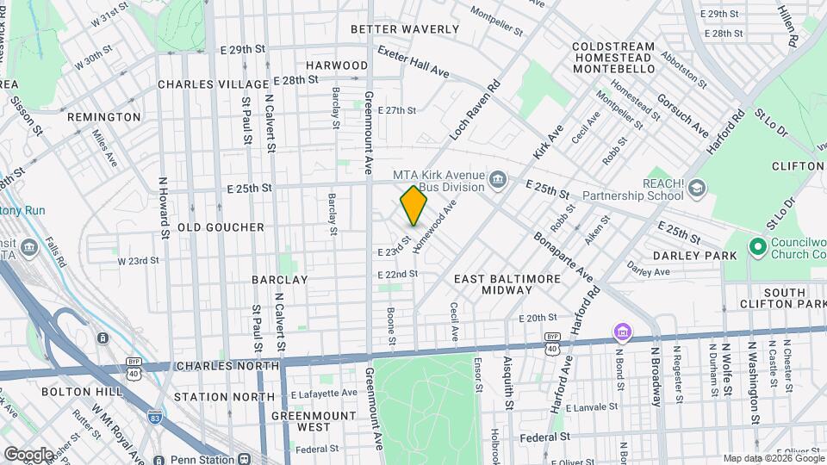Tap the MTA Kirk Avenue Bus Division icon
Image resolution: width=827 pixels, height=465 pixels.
point(497,180)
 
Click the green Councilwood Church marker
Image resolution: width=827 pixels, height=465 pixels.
point(758,248)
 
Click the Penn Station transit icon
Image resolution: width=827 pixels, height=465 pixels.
point(245,459)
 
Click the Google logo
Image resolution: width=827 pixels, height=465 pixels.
point(28,454)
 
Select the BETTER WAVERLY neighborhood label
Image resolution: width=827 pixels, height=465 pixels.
point(405,29)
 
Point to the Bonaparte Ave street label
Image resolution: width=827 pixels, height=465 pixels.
point(563,256)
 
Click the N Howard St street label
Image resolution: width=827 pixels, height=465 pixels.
point(162,208)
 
